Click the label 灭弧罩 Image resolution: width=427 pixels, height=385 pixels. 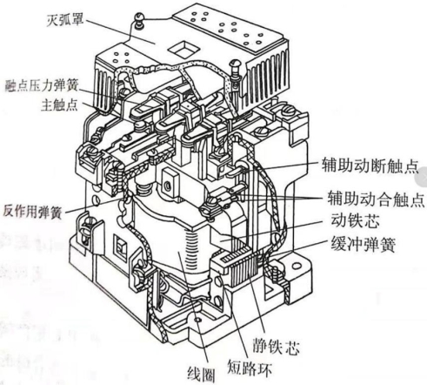click(x=65, y=20)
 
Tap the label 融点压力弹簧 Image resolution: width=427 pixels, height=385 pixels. click(x=42, y=85)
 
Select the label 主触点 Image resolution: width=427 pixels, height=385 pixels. click(x=59, y=105)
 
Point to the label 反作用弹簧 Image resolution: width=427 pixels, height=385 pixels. click(x=32, y=212)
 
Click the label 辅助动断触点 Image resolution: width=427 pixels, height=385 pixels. click(x=370, y=165)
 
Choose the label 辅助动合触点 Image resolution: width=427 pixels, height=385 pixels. click(x=376, y=199)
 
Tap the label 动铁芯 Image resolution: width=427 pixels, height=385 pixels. click(x=355, y=221)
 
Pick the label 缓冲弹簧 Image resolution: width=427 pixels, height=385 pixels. click(x=363, y=245)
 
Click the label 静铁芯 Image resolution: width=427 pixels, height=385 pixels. click(x=276, y=346)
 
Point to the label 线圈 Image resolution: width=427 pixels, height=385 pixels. click(x=201, y=374)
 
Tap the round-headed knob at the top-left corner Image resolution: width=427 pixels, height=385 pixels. click(x=139, y=20)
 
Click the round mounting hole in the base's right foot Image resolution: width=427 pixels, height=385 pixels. click(x=296, y=266)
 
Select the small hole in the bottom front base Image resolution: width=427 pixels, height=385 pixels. click(x=198, y=320)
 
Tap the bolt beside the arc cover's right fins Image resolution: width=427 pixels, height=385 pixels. click(x=235, y=72)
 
